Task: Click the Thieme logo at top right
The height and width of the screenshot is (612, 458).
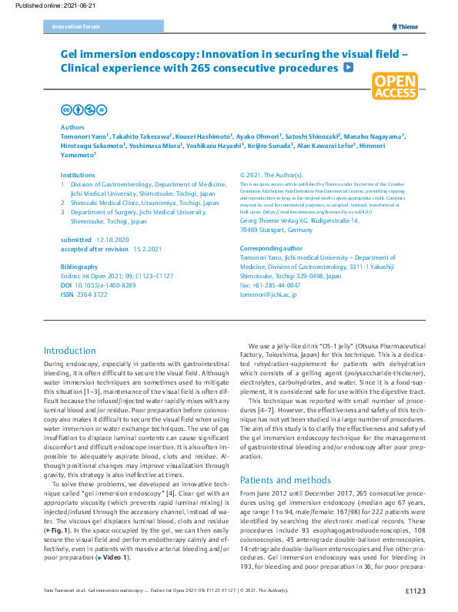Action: coord(405,26)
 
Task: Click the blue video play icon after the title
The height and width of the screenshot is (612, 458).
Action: coord(349,68)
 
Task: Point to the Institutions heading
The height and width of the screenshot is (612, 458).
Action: coord(78,175)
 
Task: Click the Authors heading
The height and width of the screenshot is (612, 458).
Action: coord(73,126)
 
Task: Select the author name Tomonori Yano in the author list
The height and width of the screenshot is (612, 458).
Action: coord(82,135)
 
